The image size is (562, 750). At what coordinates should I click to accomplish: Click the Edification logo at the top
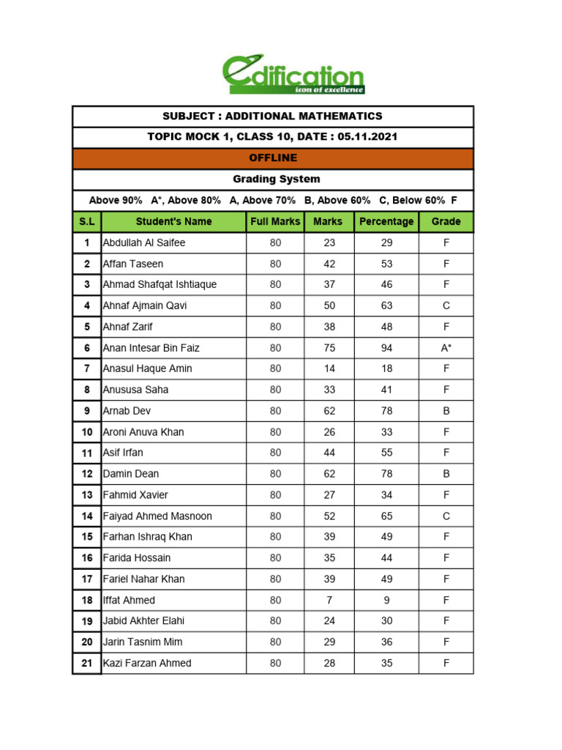coord(293,75)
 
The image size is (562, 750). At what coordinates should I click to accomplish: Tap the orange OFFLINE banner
coord(273,158)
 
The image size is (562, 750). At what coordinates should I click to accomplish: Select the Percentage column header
coord(386,221)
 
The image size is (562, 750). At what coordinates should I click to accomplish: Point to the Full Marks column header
coord(275,221)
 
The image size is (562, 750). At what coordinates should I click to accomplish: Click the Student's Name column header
coord(173,221)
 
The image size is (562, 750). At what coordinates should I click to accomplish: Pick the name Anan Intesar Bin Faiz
coord(151,348)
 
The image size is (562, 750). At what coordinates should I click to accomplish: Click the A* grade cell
coord(446,348)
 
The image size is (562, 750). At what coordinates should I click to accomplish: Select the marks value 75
coord(329,348)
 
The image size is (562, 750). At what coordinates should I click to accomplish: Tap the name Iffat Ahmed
coord(129,600)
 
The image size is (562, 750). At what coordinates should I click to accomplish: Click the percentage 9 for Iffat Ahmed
coord(386,600)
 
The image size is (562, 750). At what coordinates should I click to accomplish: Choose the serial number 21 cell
coord(86,663)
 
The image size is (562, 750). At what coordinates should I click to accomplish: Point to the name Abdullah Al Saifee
coord(144,242)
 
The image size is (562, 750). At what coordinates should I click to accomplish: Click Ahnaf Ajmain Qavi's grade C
coord(446,305)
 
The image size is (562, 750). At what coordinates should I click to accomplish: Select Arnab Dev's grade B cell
coord(446,411)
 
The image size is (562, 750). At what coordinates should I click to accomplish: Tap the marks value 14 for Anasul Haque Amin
coord(329,368)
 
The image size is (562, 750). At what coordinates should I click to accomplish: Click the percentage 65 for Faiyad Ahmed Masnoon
coord(386,516)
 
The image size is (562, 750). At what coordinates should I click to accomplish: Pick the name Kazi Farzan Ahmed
coord(147,663)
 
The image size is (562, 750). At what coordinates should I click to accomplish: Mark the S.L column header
coord(86,221)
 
